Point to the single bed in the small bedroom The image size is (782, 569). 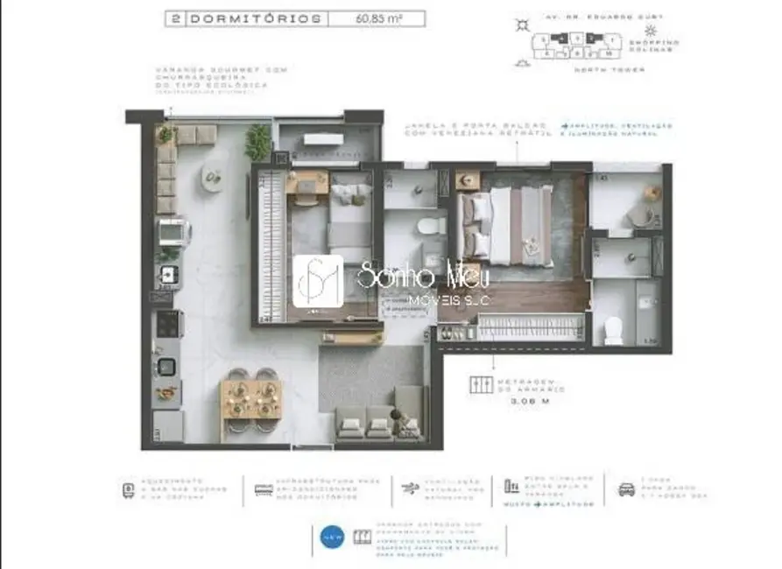click(x=349, y=228)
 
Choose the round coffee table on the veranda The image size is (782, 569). click(x=213, y=177)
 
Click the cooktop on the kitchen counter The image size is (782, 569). click(x=166, y=326)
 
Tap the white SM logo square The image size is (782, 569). click(x=318, y=281)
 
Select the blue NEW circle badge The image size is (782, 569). click(x=332, y=537)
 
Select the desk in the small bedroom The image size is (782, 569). click(x=306, y=185)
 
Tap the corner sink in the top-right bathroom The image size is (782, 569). click(x=651, y=193)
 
